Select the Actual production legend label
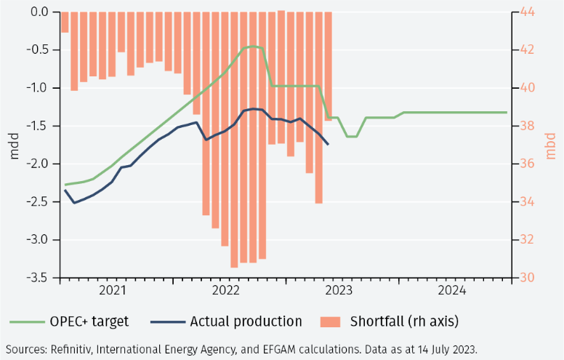click(x=246, y=321)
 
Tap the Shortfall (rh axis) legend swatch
click(x=329, y=321)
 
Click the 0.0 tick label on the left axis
click(x=40, y=12)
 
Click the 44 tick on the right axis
click(x=525, y=12)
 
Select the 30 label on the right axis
click(x=525, y=278)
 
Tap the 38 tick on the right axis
click(x=525, y=126)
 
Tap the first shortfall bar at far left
click(x=65, y=23)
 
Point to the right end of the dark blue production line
click(x=329, y=145)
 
